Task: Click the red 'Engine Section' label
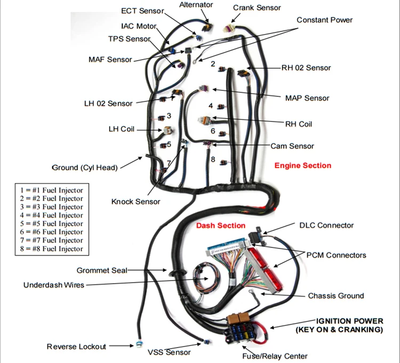[303, 166]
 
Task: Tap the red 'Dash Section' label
[221, 226]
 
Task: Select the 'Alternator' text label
[196, 5]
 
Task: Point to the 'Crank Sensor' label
[257, 7]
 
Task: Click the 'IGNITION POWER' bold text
[350, 321]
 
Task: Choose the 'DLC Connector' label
[326, 225]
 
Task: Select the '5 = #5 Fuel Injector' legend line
[52, 224]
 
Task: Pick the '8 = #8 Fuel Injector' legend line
[52, 249]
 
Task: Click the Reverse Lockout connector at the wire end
[139, 344]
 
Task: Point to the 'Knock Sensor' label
[135, 202]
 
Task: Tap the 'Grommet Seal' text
[102, 270]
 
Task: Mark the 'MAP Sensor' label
[307, 98]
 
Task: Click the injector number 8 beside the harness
[213, 160]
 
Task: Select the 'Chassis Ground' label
[336, 296]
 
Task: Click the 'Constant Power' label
[324, 20]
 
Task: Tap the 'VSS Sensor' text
[169, 352]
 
